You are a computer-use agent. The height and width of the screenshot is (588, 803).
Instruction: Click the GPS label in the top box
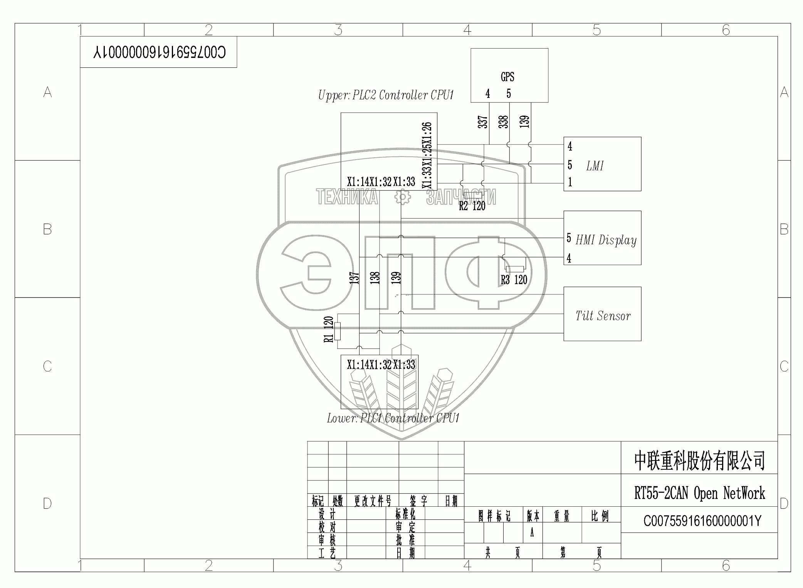(507, 77)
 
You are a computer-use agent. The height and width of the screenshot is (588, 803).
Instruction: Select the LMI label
(595, 166)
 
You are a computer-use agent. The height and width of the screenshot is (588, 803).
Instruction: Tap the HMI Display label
(606, 240)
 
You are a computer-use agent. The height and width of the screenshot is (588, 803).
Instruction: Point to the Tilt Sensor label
(603, 316)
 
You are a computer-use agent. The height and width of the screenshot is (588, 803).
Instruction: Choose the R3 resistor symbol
(515, 269)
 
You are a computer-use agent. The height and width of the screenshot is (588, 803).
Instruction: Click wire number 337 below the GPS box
(483, 122)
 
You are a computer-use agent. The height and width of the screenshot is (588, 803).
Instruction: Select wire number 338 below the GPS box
(504, 122)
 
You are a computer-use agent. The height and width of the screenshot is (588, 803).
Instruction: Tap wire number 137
(354, 278)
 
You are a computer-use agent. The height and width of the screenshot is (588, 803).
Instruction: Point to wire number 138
(375, 278)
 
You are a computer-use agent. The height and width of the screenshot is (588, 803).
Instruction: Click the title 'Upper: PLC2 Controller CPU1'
(386, 95)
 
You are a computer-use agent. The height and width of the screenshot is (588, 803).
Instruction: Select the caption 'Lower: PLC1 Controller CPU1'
(393, 418)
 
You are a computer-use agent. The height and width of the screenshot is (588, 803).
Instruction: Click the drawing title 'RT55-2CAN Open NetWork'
(699, 493)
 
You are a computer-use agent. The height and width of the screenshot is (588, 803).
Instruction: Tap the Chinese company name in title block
(699, 461)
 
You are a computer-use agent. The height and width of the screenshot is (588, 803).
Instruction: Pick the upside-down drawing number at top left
(159, 52)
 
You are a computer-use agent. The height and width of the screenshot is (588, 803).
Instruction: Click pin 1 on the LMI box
(570, 182)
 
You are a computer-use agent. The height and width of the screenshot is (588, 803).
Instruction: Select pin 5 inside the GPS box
(509, 94)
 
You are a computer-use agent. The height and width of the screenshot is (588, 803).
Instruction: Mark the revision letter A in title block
(532, 533)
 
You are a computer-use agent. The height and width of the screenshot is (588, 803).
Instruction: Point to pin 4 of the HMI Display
(569, 258)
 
